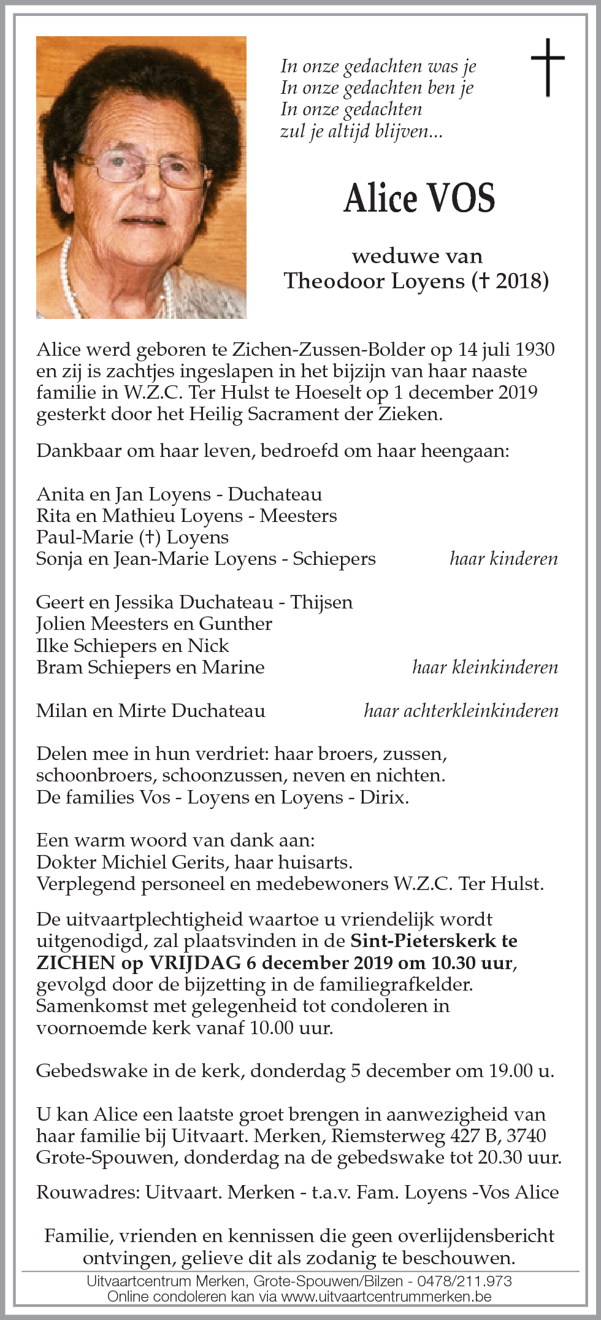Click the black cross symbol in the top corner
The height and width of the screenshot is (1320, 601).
click(547, 67)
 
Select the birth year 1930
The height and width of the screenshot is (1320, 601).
click(535, 350)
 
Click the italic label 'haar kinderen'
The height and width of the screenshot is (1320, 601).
click(503, 559)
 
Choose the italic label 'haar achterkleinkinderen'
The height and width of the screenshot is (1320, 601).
click(461, 711)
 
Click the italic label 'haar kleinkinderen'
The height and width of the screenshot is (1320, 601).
click(485, 667)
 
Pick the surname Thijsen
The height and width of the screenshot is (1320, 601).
click(321, 602)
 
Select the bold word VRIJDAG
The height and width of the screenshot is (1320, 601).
click(195, 963)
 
